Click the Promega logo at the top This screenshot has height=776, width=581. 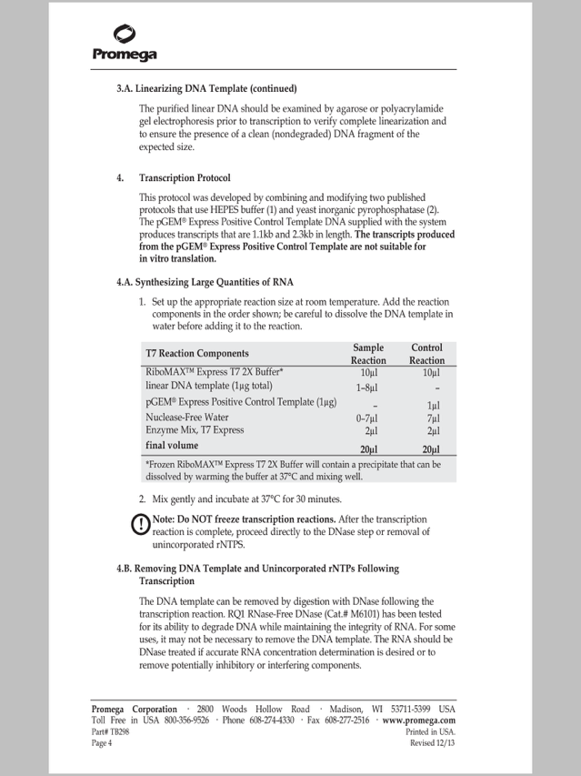click(x=125, y=43)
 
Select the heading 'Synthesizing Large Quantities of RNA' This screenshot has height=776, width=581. click(x=215, y=283)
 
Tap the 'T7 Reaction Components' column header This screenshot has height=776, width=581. click(x=196, y=353)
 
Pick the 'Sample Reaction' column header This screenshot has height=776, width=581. click(x=368, y=354)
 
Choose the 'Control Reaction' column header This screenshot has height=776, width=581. click(x=426, y=354)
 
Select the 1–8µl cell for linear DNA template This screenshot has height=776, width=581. click(x=368, y=387)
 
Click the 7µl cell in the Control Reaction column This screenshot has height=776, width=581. click(x=434, y=418)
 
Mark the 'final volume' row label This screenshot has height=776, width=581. click(x=171, y=446)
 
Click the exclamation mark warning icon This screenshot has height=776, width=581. click(x=141, y=525)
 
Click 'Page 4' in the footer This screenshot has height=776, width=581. click(x=102, y=742)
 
